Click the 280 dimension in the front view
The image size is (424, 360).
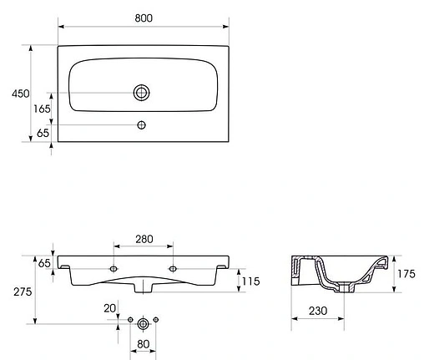tap(144, 240)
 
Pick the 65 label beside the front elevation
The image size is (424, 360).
tap(44, 263)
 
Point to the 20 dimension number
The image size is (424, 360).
tap(109, 308)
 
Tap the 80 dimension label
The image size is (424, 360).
tap(144, 344)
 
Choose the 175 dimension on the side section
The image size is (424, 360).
tap(407, 273)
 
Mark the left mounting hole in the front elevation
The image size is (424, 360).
tap(114, 268)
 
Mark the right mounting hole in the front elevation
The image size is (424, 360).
tap(173, 268)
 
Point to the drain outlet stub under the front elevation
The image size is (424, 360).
tap(144, 290)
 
